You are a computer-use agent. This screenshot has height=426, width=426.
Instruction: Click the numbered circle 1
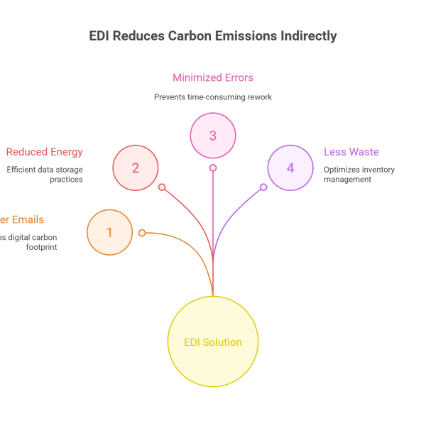pos(109,232)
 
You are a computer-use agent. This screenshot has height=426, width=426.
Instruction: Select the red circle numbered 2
pos(136,168)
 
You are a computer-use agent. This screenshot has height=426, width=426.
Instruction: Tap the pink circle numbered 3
pos(213,136)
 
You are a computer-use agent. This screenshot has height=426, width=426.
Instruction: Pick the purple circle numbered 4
pos(290,168)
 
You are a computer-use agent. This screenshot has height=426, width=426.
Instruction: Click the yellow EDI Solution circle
pos(213,342)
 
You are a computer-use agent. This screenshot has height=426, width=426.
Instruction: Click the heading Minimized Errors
pos(213,78)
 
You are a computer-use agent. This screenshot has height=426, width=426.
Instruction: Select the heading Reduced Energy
pos(45,152)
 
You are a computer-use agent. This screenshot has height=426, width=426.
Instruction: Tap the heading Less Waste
pos(351,152)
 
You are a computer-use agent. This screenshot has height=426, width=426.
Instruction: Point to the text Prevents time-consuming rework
pos(213,97)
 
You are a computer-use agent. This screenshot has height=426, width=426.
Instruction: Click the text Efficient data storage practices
pos(45,175)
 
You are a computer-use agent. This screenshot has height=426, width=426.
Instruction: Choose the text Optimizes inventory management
pos(359,175)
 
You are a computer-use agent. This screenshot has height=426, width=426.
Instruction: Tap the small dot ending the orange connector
pos(142,233)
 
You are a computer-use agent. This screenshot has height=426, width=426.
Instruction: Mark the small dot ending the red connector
pos(162,187)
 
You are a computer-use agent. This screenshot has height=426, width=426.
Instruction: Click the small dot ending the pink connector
pos(213,168)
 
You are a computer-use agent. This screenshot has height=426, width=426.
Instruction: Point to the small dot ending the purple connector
pos(263,187)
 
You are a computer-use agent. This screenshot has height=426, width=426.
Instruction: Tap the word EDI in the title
pos(99,36)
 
